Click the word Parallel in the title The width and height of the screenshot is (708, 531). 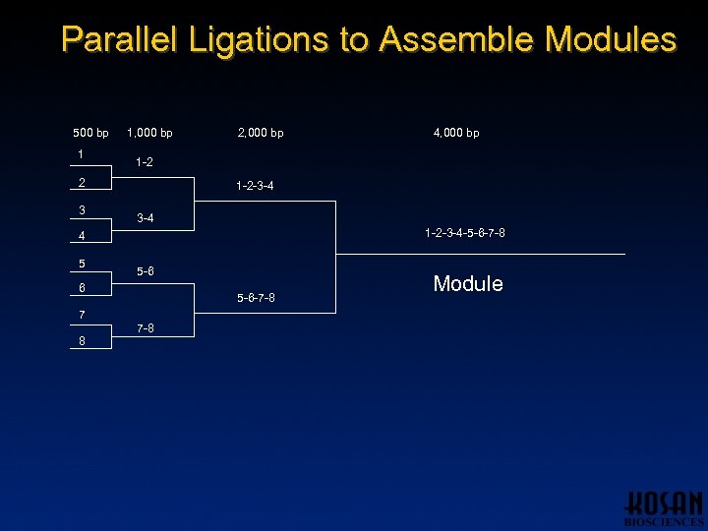point(120,39)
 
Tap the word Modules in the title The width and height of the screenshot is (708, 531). point(610,39)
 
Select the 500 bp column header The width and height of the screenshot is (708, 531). point(91,133)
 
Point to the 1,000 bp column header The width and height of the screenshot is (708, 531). point(149,133)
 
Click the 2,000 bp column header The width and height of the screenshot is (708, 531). point(261,133)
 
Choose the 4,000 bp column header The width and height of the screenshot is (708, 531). point(456,133)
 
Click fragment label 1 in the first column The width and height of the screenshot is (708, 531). point(81,154)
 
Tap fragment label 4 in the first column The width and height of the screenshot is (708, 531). point(82,236)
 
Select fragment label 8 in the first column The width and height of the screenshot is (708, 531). point(82,341)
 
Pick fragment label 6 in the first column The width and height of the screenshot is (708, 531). point(82,288)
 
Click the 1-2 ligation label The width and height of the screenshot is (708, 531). point(145,162)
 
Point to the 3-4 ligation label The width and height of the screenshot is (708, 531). point(145,218)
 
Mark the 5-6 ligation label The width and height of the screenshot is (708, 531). point(145,271)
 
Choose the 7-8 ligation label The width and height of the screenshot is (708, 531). point(145,328)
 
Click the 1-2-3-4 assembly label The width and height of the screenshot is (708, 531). point(255,186)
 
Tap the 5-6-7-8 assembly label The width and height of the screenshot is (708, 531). point(256,298)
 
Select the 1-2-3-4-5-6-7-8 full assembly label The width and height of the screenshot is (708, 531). point(465,233)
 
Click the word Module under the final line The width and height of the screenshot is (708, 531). point(468,284)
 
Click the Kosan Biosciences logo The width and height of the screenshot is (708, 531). point(664,507)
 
